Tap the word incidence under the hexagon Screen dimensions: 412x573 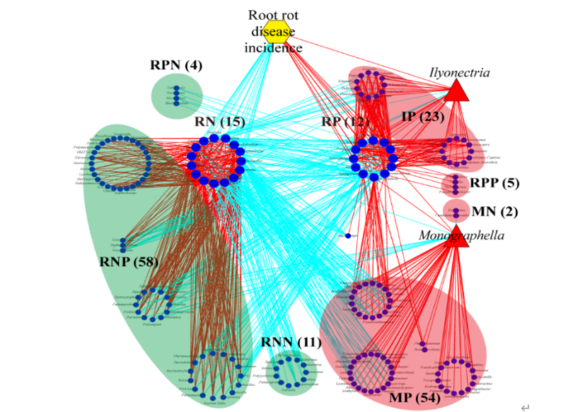(273, 48)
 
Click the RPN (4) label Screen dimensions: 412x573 (176, 66)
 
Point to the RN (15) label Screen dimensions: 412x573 (219, 122)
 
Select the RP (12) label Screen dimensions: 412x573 (345, 122)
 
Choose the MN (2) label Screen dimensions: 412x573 (495, 211)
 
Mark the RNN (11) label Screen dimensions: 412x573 (290, 343)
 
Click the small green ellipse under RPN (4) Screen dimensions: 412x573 (177, 96)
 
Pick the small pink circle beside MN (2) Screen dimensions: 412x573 (456, 210)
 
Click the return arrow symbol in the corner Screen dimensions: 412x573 (524, 406)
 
